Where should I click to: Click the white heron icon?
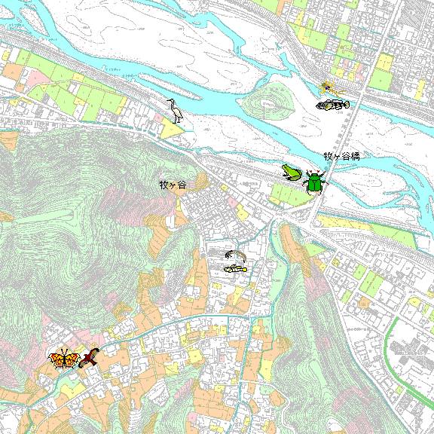(x=176, y=110)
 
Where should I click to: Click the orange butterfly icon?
(x=64, y=359)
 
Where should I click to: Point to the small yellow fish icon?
(x=236, y=268)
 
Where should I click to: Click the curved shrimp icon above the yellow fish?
(x=234, y=255)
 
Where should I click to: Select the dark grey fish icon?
(x=332, y=105)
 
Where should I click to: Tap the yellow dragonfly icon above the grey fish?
(x=332, y=89)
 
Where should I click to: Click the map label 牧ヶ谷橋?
(x=341, y=156)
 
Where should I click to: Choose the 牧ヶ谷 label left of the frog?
(x=172, y=185)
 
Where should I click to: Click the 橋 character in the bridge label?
(x=355, y=156)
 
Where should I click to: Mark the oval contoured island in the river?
(x=271, y=100)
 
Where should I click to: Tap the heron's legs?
(x=178, y=118)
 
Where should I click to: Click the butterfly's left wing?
(x=57, y=359)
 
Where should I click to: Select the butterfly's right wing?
(x=72, y=358)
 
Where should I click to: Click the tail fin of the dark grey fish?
(x=346, y=104)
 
